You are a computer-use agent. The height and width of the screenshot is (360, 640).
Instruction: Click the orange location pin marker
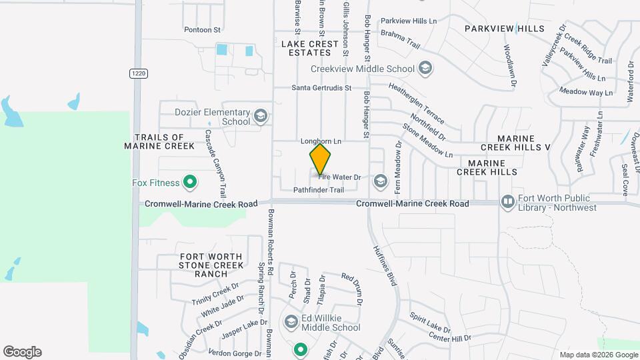(320, 159)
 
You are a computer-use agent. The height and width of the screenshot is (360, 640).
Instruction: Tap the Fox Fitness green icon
(190, 182)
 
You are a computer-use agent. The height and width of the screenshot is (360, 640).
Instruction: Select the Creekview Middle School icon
(425, 69)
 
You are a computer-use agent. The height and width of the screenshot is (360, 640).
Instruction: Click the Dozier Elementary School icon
(260, 117)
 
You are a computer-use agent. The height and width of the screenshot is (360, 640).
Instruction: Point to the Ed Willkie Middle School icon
(291, 322)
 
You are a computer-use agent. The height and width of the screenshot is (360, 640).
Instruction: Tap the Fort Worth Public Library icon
(507, 201)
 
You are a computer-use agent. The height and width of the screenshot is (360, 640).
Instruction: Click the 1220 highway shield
(137, 73)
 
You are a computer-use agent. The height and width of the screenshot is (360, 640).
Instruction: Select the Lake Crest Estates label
(305, 48)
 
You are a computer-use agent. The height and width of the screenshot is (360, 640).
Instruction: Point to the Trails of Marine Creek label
(159, 141)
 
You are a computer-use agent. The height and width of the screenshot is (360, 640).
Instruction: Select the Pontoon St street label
(202, 30)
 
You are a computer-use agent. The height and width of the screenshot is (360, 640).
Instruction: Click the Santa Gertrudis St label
(321, 88)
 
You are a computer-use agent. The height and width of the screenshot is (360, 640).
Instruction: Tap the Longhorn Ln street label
(321, 141)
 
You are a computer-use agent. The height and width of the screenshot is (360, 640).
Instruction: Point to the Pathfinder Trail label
(319, 190)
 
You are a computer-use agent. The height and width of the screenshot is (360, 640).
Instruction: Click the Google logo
(22, 352)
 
